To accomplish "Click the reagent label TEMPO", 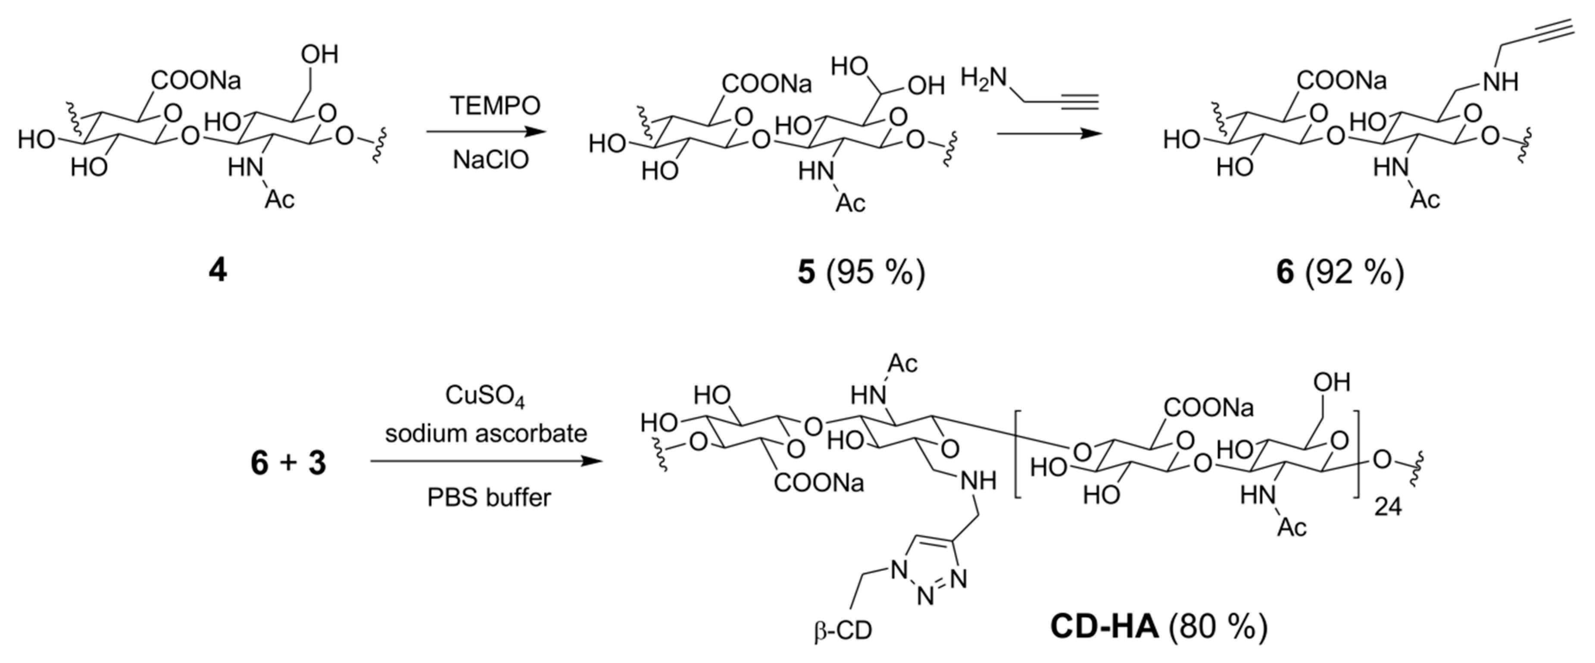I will coord(495,106).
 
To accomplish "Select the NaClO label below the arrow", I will coord(490,160).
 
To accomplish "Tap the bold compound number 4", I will coord(217,271).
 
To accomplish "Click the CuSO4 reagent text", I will coord(485,396).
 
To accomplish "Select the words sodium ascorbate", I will coord(486,433).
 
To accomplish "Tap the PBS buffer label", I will coord(489,497).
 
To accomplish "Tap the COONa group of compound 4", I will coord(196,81).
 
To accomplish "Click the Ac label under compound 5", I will coord(850,203).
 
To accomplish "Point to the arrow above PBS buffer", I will coord(486,461).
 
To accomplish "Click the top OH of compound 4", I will coord(319,54).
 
